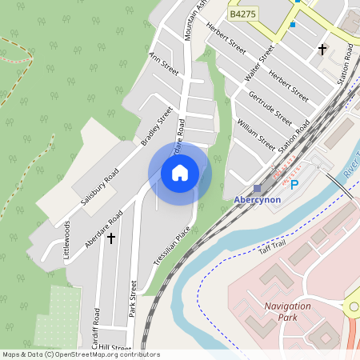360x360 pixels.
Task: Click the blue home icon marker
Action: (180, 172)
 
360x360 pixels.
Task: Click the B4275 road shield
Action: (242, 14)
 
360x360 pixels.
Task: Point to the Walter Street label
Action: (260, 63)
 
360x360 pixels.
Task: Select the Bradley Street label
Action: (157, 126)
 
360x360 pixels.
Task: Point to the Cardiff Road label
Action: (97, 325)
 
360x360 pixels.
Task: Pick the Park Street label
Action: (133, 299)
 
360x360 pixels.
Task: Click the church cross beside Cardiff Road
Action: (111, 237)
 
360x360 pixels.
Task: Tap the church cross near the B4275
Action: (322, 50)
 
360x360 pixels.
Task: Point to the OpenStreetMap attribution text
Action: (80, 354)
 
